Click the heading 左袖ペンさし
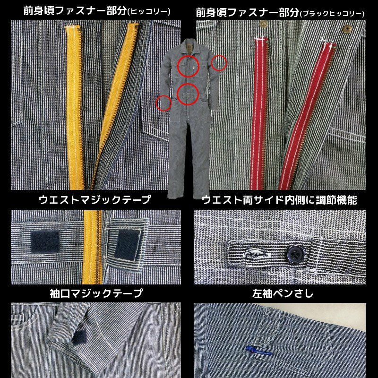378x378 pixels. click(x=283, y=293)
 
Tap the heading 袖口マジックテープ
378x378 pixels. click(x=96, y=293)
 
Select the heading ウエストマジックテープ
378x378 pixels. click(x=95, y=199)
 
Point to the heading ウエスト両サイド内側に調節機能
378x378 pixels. click(x=279, y=200)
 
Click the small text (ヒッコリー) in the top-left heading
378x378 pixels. click(x=149, y=11)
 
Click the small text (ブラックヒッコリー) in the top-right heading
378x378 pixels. click(x=332, y=13)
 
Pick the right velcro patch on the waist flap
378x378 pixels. click(x=127, y=244)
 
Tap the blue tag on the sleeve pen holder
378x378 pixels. click(x=259, y=351)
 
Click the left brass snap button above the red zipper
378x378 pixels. click(x=264, y=24)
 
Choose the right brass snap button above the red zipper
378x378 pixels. click(x=347, y=29)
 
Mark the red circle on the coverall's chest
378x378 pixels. click(x=188, y=66)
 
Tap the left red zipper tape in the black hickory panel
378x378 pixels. click(x=259, y=113)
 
